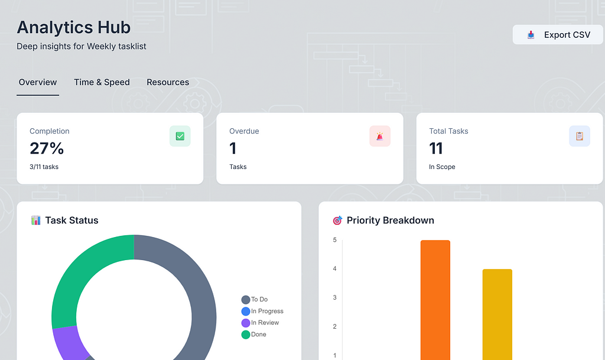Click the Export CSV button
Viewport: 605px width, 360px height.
[x=558, y=35]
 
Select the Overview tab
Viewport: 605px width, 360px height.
[x=38, y=82]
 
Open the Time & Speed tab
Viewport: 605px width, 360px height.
[x=102, y=82]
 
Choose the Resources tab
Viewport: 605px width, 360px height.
[x=168, y=82]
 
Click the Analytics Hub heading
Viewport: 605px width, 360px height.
[x=74, y=27]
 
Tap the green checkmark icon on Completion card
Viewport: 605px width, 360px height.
[x=180, y=136]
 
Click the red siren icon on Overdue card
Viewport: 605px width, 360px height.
[x=380, y=136]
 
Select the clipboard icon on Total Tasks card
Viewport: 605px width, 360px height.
[x=580, y=136]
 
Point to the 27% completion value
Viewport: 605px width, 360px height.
[x=47, y=148]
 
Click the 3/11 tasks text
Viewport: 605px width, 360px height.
[x=44, y=167]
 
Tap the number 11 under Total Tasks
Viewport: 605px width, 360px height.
[x=436, y=148]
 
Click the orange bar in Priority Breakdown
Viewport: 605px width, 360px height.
[x=435, y=300]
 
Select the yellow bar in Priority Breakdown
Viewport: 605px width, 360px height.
[x=497, y=314]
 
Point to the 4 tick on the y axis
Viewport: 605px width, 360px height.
[x=334, y=268]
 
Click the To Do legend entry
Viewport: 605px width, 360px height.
[x=255, y=300]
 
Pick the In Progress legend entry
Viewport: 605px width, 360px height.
[x=262, y=311]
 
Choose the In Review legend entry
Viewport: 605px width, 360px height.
[x=260, y=323]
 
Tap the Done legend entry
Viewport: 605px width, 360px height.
[x=254, y=335]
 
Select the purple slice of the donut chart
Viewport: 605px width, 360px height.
[x=70, y=343]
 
